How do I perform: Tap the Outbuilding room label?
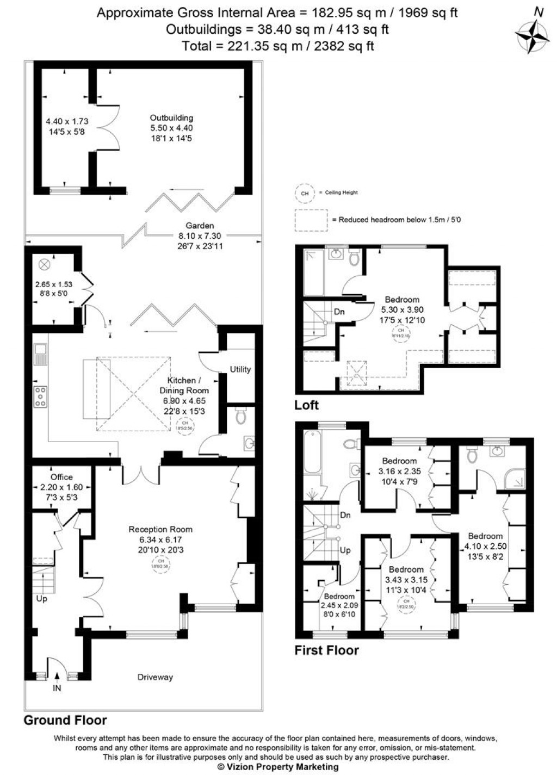[171, 117]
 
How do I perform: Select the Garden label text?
[200, 226]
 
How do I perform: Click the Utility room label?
[240, 369]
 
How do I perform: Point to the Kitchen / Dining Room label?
[184, 385]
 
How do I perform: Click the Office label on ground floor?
[61, 477]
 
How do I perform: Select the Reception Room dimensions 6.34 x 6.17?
[160, 540]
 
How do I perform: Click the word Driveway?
[155, 677]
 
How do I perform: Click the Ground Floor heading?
[65, 720]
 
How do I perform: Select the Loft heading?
[306, 405]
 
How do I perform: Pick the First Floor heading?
[326, 650]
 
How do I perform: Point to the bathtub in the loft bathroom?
[314, 271]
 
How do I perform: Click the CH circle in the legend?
[305, 193]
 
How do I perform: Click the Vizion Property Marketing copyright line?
[277, 767]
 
